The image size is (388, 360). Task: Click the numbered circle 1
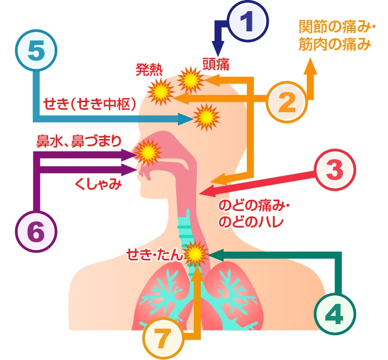(x=247, y=22)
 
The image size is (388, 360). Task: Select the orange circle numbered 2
(x=287, y=102)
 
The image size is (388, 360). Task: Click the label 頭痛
(x=217, y=63)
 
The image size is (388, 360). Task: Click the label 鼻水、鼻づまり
(x=78, y=140)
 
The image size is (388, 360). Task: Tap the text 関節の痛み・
(x=331, y=26)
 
